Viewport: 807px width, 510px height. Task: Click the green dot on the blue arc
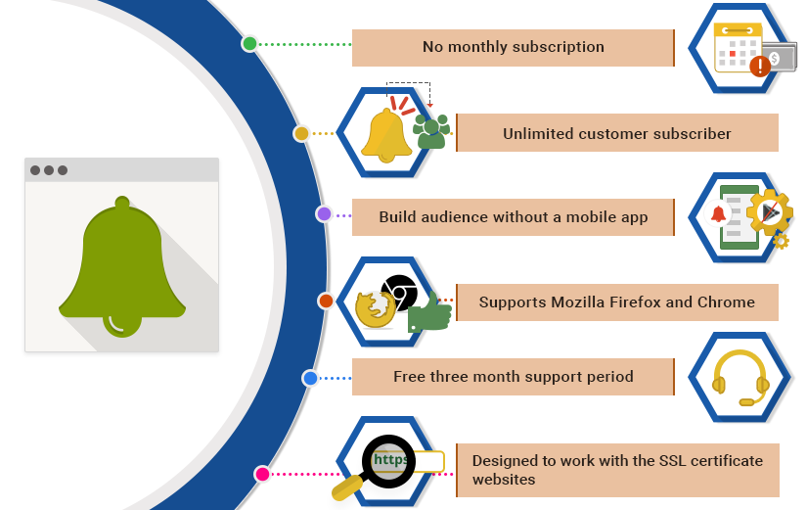coord(249,44)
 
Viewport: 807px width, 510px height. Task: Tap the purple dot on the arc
coord(324,213)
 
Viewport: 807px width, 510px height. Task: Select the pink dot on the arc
coord(262,474)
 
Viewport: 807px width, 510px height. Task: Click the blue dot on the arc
coord(310,378)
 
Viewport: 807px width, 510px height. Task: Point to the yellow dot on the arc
coord(301,133)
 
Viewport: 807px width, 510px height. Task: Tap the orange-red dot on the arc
coord(326,301)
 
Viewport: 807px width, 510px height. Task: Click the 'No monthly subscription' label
coord(513,47)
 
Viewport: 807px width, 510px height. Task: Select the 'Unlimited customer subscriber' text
coord(616,133)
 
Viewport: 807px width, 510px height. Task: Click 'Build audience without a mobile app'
coord(513,217)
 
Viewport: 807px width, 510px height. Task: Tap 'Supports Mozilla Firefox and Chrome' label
coord(616,301)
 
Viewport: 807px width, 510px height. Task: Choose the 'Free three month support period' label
coord(513,377)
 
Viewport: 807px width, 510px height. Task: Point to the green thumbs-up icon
coord(429,313)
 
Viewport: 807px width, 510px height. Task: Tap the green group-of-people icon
coord(431,131)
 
